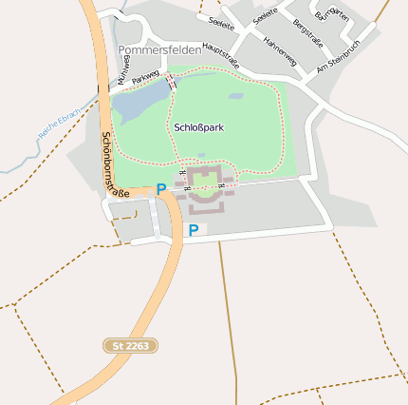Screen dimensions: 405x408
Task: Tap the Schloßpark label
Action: coord(198,126)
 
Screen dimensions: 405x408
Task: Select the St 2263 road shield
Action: coord(131,346)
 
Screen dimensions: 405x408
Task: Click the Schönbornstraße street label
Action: coord(115,164)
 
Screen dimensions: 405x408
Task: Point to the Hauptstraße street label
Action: coord(221,55)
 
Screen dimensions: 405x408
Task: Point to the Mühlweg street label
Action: coord(124,68)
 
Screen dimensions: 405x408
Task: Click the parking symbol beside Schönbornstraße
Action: coord(160,188)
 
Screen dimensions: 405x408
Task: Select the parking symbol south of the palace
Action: coord(194,229)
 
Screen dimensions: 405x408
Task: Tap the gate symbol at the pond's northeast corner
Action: coord(171,82)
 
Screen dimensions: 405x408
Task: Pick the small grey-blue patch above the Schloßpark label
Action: coord(234,96)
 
